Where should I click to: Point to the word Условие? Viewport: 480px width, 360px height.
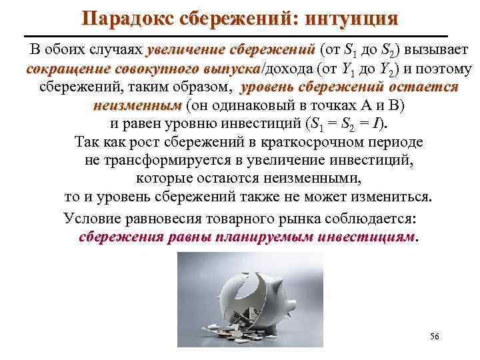[x=90, y=217]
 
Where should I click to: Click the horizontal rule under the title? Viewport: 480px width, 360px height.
[x=240, y=35]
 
